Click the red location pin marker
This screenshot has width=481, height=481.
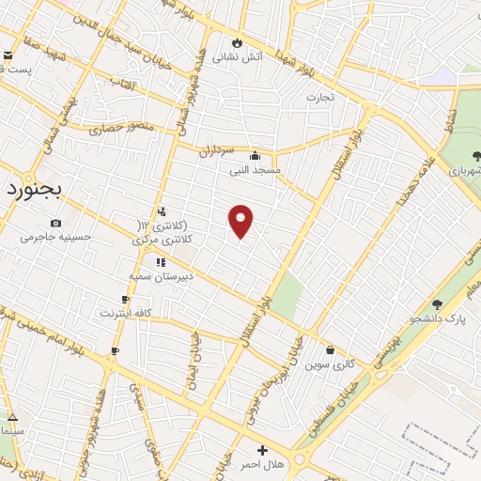pos(240,221)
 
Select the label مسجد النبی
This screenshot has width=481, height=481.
pos(254,171)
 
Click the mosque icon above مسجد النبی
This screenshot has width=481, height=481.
pos(255,156)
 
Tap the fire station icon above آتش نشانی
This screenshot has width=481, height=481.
pos(237,42)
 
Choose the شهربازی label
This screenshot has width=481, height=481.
pos(464,172)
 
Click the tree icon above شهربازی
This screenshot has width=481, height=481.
pos(476,156)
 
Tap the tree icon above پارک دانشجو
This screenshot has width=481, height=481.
pos(437,303)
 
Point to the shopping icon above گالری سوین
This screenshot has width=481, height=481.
pos(330,350)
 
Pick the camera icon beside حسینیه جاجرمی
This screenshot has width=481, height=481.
pos(56,223)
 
